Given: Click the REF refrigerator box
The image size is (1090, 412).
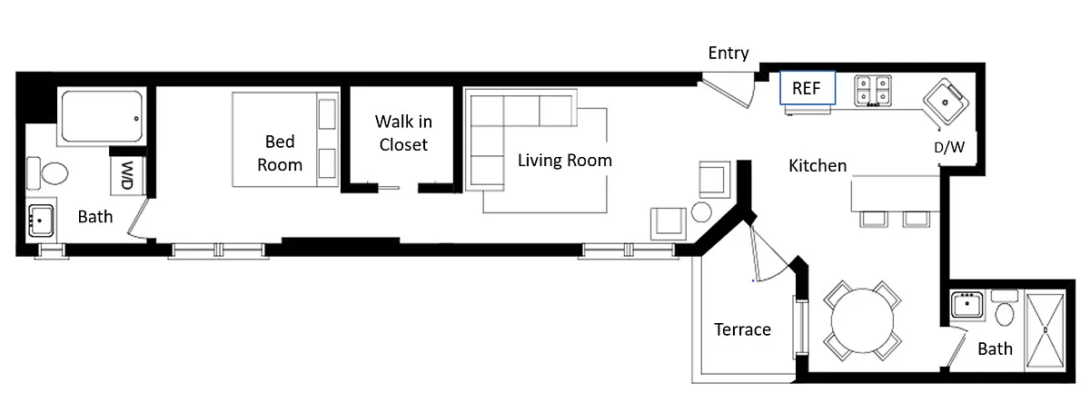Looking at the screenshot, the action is (808, 88).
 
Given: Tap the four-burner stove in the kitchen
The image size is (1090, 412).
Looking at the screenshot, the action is (873, 91).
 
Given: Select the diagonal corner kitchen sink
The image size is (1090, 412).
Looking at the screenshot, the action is (946, 103).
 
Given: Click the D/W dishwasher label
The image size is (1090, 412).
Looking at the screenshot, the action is (949, 147).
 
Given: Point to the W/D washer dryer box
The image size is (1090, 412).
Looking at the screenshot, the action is (127, 175).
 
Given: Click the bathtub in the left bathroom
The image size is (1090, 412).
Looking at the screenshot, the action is (102, 117).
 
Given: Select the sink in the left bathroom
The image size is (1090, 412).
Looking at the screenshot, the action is (41, 221).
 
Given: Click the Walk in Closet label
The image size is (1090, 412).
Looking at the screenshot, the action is (403, 132).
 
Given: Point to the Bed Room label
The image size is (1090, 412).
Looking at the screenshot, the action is (280, 153).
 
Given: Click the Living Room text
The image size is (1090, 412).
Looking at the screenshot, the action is (564, 160).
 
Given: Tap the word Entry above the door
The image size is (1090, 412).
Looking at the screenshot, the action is (728, 53).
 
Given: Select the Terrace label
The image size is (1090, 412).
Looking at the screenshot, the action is (742, 329).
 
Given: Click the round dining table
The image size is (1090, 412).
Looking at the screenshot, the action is (862, 320).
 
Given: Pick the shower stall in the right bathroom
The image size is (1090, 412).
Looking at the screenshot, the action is (1045, 330).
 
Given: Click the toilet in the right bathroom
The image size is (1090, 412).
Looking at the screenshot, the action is (1005, 308).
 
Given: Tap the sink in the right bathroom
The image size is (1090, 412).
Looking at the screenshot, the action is (966, 305).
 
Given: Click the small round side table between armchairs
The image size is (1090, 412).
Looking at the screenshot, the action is (701, 212).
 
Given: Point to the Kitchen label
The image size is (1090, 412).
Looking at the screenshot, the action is (817, 166).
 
